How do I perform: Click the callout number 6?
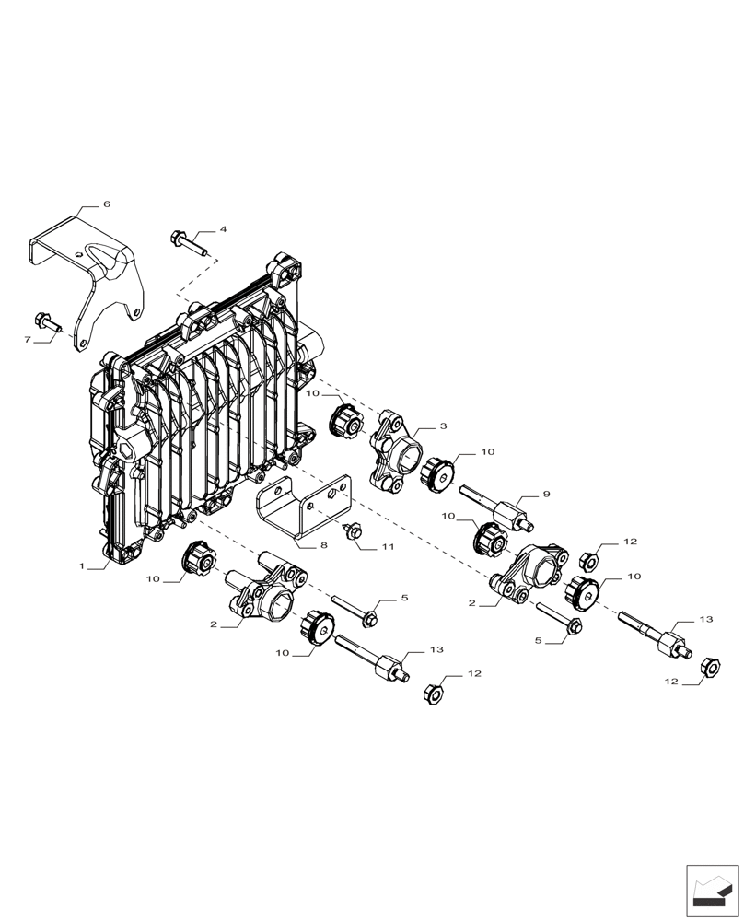click(x=106, y=204)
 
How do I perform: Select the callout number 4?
click(x=222, y=229)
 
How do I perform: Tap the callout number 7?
click(x=28, y=340)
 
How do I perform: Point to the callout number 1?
click(x=82, y=567)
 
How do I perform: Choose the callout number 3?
click(x=443, y=426)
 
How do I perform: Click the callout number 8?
click(x=323, y=545)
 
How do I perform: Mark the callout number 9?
click(x=546, y=495)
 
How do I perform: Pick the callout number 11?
click(x=388, y=547)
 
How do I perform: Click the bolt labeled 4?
click(x=191, y=243)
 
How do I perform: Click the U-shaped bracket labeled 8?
click(x=304, y=507)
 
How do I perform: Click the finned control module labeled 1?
click(x=203, y=414)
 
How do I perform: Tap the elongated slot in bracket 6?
click(x=110, y=262)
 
